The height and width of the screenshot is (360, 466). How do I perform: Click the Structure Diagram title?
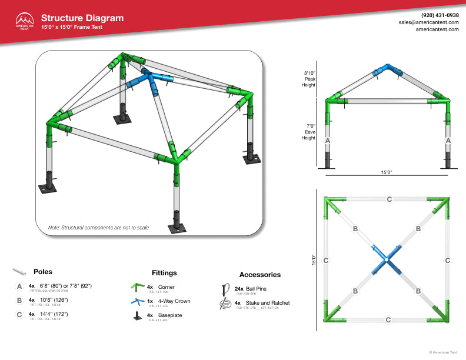[x=82, y=18]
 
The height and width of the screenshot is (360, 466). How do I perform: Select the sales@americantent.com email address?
[x=429, y=22]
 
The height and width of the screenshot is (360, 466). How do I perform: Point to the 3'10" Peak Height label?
[x=310, y=78]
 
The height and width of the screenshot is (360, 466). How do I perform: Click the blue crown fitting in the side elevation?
[x=386, y=70]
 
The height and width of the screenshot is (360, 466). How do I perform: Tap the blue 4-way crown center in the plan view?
[x=387, y=259]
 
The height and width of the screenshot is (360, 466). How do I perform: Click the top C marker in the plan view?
[x=389, y=199]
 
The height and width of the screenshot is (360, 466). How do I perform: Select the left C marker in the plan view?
[x=326, y=259]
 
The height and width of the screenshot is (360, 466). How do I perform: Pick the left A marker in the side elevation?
[x=328, y=141]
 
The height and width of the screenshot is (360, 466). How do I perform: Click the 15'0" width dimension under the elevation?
[x=386, y=172]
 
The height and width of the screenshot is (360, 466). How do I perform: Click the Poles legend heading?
[x=43, y=272]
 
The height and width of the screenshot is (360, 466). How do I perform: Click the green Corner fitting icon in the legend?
[x=137, y=288]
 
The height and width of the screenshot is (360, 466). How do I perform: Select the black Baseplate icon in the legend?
[x=137, y=316]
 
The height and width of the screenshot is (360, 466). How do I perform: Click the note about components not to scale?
[x=99, y=227]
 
